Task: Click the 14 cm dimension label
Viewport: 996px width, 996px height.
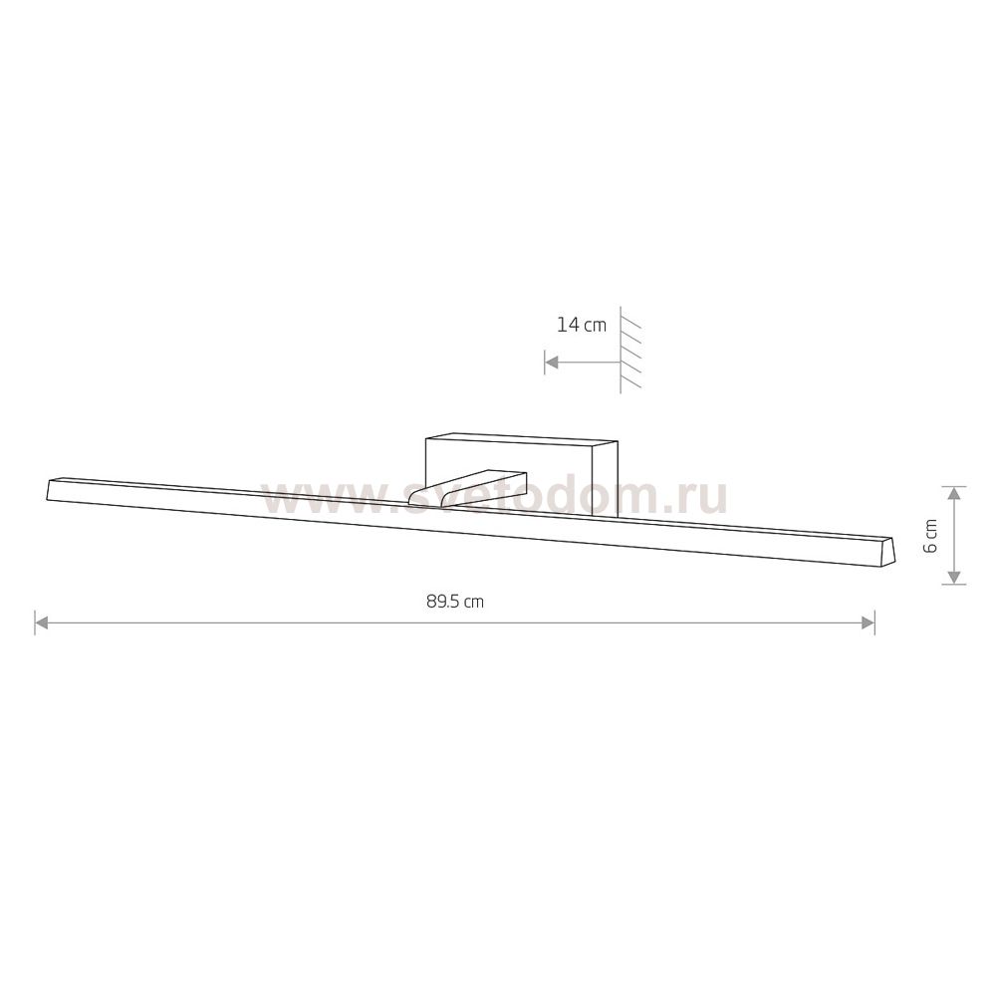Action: click(582, 326)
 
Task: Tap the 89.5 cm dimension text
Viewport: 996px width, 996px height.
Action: click(455, 602)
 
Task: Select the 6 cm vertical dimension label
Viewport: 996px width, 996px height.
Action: click(930, 536)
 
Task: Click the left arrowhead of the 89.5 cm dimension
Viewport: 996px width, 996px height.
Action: click(41, 622)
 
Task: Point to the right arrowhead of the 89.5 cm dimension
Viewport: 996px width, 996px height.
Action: click(868, 622)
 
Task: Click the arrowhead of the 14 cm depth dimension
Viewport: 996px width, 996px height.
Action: click(552, 363)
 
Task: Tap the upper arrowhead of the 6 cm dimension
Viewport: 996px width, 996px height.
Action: click(953, 494)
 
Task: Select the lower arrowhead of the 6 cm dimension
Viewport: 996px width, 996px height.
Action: click(953, 577)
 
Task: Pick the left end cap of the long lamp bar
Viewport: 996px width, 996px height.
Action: click(50, 489)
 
